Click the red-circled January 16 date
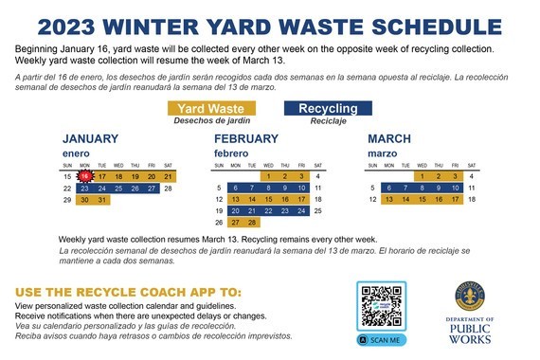[x=85, y=176]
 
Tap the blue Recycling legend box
[x=328, y=109]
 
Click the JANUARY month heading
[x=91, y=138]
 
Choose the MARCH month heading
[x=389, y=138]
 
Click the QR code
[x=381, y=307]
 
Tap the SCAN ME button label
[x=381, y=339]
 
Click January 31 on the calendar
[x=102, y=200]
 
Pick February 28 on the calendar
[x=253, y=222]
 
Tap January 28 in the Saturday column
[x=168, y=189]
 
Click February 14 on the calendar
[x=253, y=200]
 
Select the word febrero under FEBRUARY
[x=231, y=153]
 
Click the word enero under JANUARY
[x=77, y=153]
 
